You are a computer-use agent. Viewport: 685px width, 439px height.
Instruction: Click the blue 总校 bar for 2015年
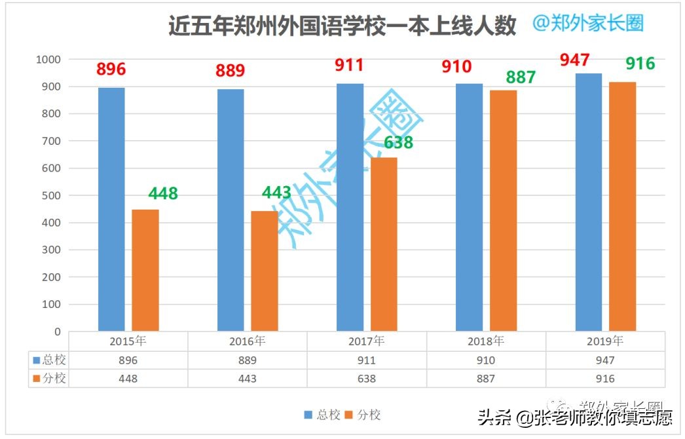click(111, 210)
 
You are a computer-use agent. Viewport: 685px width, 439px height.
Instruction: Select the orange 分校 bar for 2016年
click(264, 271)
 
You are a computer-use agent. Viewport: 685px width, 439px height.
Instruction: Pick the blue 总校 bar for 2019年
click(588, 202)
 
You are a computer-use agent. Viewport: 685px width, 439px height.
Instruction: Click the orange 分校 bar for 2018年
click(503, 210)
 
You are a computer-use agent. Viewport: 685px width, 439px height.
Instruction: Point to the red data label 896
click(111, 69)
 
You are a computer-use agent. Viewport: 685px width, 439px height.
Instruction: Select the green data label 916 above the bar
click(640, 64)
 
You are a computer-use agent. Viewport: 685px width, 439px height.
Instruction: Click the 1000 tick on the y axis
click(47, 60)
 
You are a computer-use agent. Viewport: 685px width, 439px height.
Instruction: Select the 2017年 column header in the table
click(367, 341)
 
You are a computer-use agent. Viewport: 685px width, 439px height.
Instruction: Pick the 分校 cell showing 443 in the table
click(248, 379)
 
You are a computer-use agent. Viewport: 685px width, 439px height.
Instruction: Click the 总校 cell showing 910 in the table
click(486, 360)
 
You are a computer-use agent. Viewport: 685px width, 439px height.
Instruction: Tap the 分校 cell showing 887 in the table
click(486, 379)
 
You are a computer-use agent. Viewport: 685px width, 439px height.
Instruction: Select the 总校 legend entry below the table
click(322, 415)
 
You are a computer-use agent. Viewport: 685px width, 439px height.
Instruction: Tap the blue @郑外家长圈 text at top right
click(587, 23)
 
